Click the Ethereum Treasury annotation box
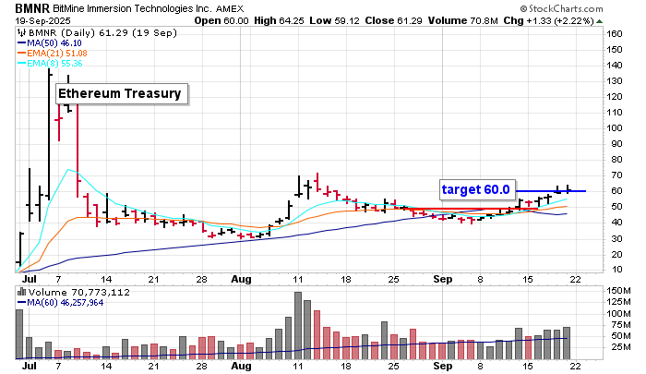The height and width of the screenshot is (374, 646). click(x=121, y=93)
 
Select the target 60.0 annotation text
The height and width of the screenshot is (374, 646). click(x=475, y=189)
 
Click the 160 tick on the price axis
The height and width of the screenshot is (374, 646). click(x=614, y=33)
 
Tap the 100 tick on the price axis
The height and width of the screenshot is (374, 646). click(x=614, y=127)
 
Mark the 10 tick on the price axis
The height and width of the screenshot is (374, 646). click(x=611, y=269)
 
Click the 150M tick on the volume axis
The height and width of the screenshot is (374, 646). click(x=616, y=292)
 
